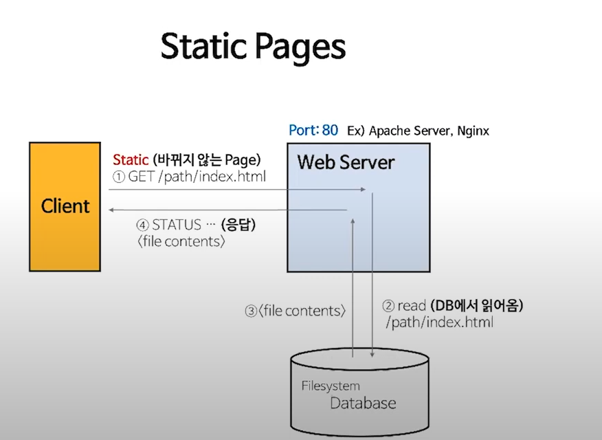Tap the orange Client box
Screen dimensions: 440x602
65,206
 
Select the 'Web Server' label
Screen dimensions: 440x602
346,162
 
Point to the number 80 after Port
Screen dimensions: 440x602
330,130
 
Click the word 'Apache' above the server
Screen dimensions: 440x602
390,131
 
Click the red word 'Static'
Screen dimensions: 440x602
131,159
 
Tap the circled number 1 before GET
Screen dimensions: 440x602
119,176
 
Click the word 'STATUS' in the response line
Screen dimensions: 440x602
177,225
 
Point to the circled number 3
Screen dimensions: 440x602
251,311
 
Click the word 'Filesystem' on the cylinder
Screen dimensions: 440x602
331,386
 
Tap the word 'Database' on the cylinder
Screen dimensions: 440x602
363,402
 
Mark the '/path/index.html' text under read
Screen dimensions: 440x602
440,322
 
